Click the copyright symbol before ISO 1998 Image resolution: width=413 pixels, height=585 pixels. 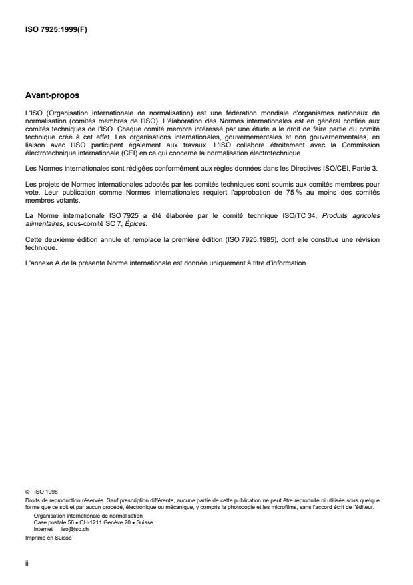coord(27,492)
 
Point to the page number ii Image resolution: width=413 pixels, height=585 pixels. coord(27,562)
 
